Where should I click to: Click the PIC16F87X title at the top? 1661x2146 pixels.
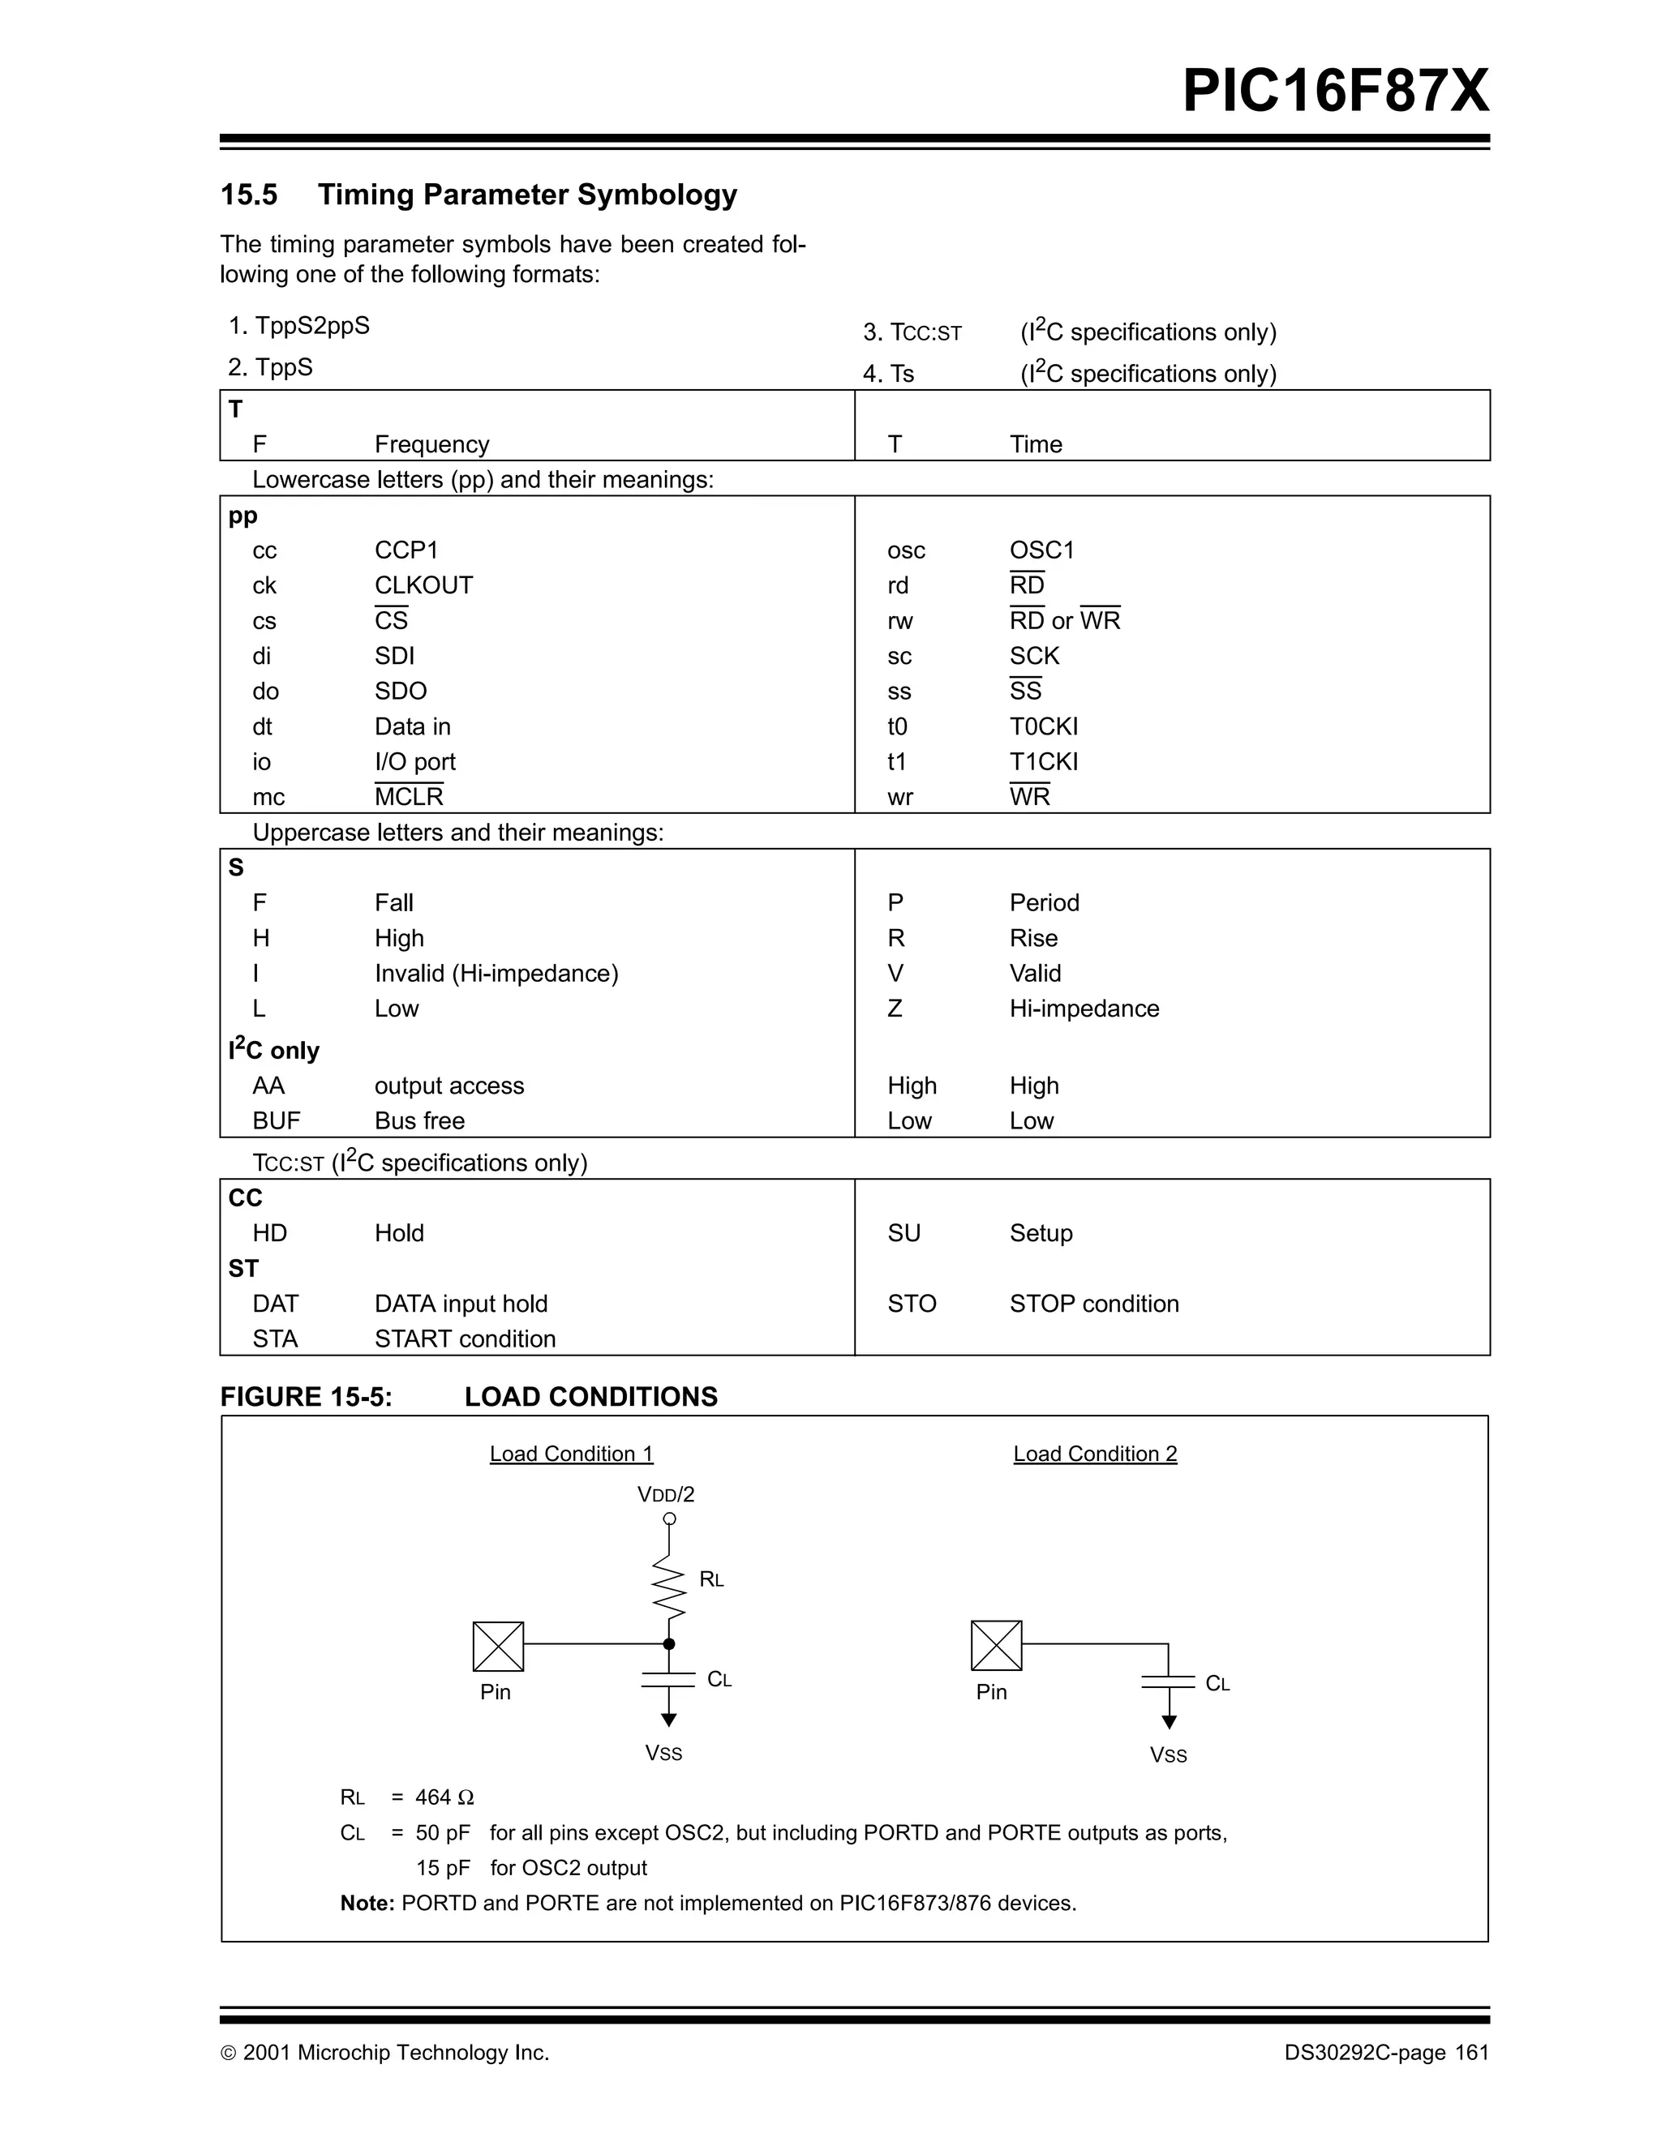point(1335,92)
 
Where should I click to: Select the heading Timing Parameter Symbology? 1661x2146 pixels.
point(527,195)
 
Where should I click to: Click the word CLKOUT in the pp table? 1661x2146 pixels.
point(423,585)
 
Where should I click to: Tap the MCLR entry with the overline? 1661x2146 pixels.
point(409,796)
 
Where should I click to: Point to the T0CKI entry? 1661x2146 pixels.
point(1043,726)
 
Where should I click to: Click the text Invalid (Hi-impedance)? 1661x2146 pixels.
point(496,974)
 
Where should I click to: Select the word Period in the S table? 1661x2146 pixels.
point(1044,903)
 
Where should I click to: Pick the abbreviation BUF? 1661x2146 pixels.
point(277,1121)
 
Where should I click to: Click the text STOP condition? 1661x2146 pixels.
point(1094,1304)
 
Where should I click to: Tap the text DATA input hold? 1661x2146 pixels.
point(461,1304)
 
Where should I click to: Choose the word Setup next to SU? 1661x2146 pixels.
point(1041,1233)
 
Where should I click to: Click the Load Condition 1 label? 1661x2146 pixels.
point(571,1454)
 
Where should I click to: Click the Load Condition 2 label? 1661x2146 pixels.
point(1095,1454)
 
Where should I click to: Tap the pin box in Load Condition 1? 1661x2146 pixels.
point(498,1647)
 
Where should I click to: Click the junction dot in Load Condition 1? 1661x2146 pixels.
point(669,1644)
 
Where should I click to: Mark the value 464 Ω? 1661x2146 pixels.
point(444,1797)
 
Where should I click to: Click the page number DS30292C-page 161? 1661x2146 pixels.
point(1386,2053)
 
